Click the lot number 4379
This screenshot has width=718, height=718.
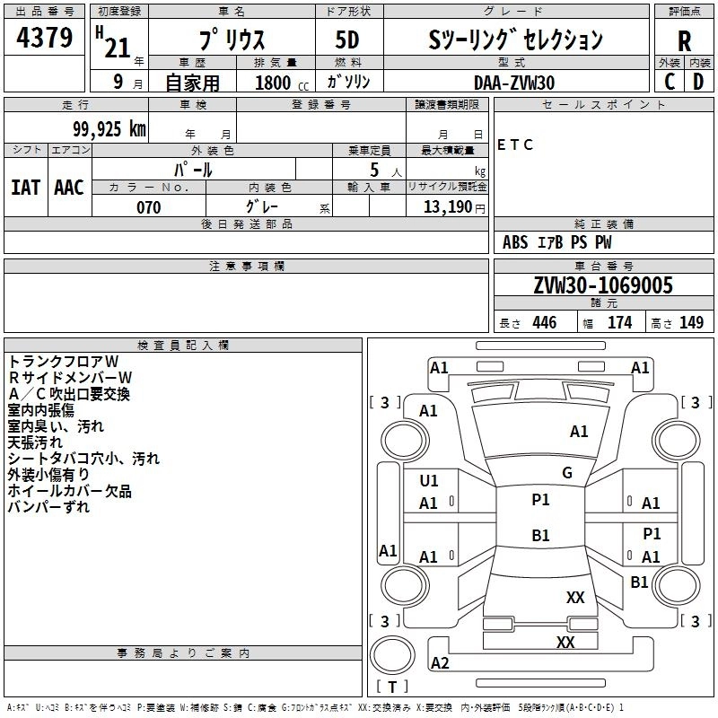pyautogui.click(x=44, y=37)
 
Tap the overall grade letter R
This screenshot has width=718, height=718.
pyautogui.click(x=684, y=41)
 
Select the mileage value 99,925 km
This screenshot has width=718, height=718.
pyautogui.click(x=109, y=128)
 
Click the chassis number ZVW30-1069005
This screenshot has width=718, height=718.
pyautogui.click(x=603, y=285)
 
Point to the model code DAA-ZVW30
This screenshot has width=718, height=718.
pyautogui.click(x=514, y=83)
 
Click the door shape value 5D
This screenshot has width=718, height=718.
pyautogui.click(x=347, y=39)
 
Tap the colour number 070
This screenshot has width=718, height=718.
pyautogui.click(x=149, y=207)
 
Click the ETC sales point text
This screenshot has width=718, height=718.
pyautogui.click(x=514, y=144)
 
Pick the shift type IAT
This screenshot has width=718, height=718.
pyautogui.click(x=26, y=188)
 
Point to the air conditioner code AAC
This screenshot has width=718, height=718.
pyautogui.click(x=69, y=188)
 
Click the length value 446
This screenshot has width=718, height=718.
pyautogui.click(x=545, y=322)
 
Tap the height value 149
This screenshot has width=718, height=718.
pyautogui.click(x=691, y=322)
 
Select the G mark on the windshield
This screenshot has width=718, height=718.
pyautogui.click(x=567, y=473)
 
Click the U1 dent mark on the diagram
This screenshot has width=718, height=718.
pyautogui.click(x=429, y=481)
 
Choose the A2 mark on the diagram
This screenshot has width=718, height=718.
pyautogui.click(x=440, y=662)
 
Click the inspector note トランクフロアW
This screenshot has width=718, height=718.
pyautogui.click(x=63, y=362)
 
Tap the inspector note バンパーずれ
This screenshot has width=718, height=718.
pyautogui.click(x=48, y=507)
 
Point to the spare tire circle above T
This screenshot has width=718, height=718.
pyautogui.click(x=392, y=655)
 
